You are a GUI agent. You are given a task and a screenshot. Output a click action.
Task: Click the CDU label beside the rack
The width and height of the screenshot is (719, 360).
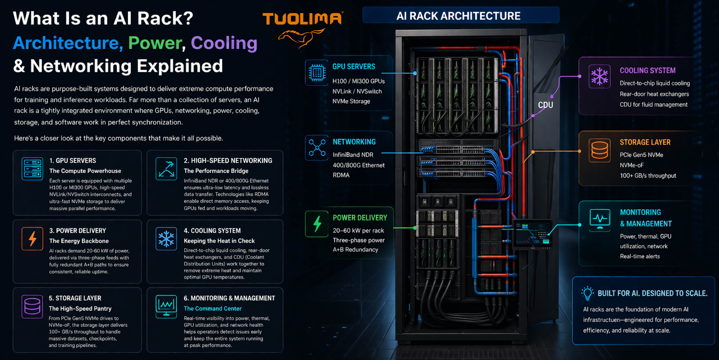545,105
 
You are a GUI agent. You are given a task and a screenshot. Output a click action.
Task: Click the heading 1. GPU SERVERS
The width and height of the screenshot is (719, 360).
73,160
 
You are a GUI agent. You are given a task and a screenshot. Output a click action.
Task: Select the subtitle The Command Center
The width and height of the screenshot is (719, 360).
212,308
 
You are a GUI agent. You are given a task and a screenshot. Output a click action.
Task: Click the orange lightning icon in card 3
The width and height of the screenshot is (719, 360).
32,239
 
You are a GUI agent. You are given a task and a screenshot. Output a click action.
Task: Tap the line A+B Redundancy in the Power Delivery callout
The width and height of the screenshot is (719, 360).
355,249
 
